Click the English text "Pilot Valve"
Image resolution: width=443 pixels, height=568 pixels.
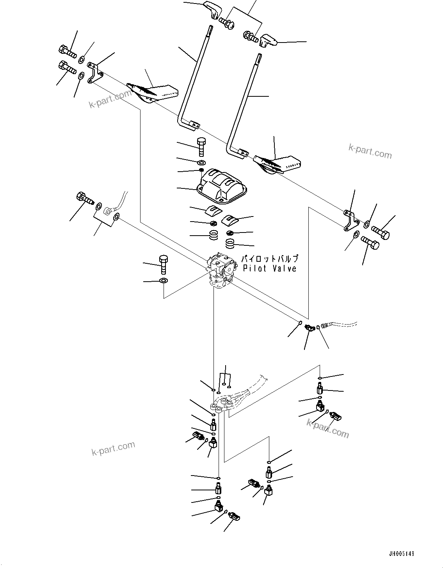[269, 268]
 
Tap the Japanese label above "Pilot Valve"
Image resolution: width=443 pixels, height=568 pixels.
[269, 259]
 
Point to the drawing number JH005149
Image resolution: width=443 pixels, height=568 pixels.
[401, 554]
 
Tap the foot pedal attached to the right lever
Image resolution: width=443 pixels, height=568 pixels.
[277, 164]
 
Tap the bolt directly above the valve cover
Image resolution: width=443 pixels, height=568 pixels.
[201, 147]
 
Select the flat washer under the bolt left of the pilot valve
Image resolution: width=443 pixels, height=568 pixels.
[164, 281]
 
